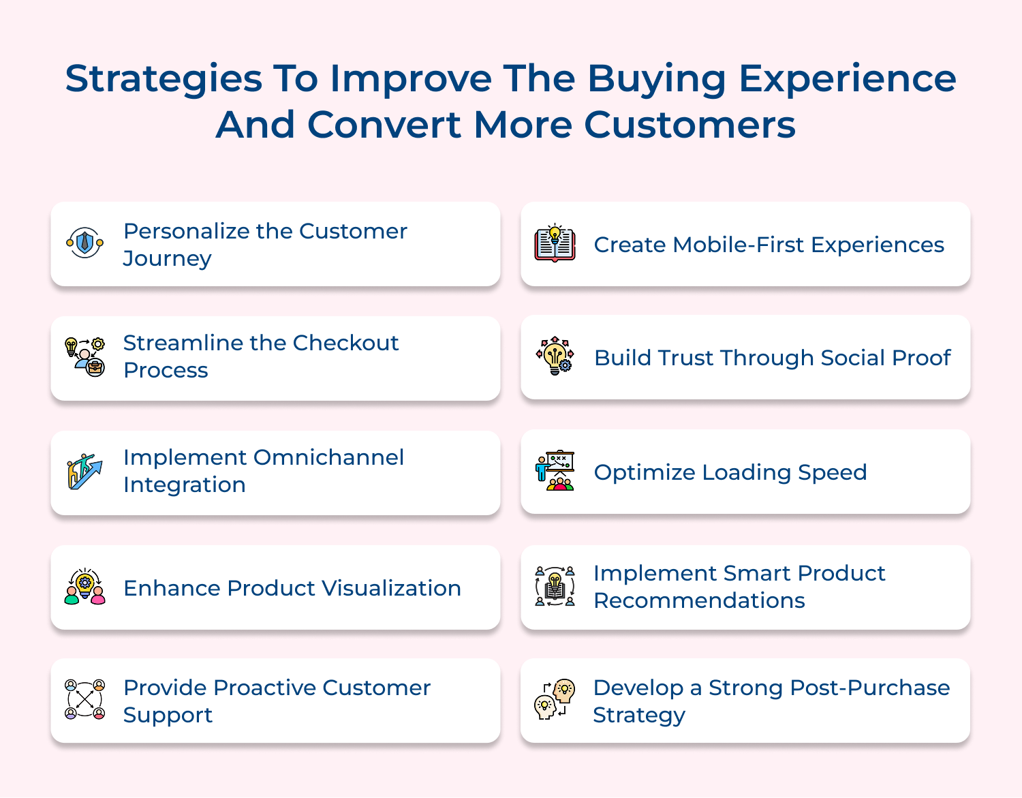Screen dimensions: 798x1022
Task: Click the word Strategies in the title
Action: coord(164,80)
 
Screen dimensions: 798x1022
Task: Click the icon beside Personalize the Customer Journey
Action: coord(84,243)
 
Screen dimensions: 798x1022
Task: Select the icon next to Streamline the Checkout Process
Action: coord(84,357)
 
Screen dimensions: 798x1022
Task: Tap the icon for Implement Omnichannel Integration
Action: coord(84,472)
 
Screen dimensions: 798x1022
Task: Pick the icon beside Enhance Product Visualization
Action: coord(84,587)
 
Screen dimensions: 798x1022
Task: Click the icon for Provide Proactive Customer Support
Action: coord(84,699)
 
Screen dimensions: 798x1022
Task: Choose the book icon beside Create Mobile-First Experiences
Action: coord(555,243)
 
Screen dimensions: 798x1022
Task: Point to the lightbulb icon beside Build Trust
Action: coord(555,356)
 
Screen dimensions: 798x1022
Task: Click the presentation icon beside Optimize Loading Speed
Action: coord(555,471)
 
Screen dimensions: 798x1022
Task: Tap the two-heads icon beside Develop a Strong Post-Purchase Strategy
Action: coord(555,699)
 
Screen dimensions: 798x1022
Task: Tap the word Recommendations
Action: coord(699,600)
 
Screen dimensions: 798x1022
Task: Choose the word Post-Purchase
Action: coord(829,688)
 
